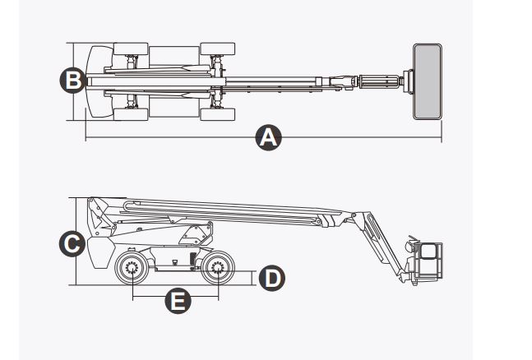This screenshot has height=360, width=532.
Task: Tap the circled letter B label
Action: [x=72, y=80]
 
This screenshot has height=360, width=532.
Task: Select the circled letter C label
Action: [x=72, y=243]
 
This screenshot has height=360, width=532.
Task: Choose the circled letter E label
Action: [x=175, y=302]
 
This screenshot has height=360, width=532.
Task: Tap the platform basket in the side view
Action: [x=428, y=261]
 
